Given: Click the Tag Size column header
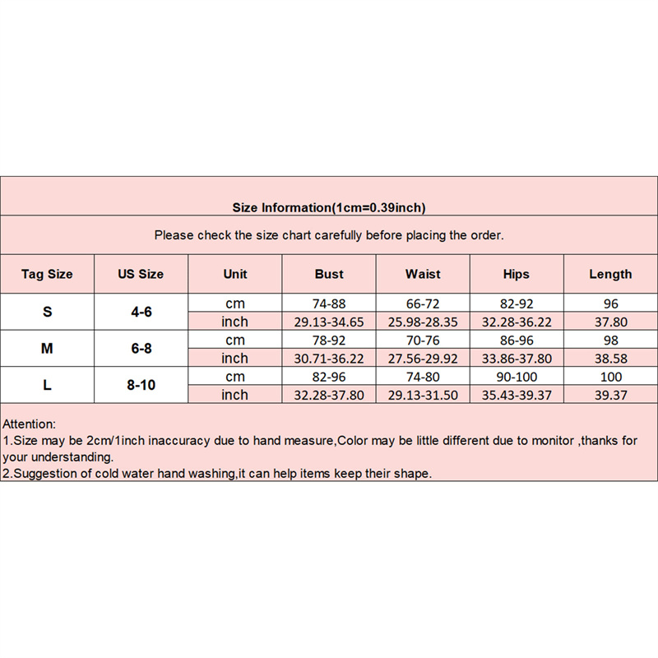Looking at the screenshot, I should (x=47, y=274).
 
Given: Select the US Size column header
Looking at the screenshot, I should (x=141, y=274).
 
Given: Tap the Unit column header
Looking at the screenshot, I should (x=234, y=274).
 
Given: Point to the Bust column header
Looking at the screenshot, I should (x=329, y=274).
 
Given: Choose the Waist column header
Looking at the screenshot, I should (x=423, y=274).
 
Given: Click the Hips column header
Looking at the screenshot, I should (x=516, y=274).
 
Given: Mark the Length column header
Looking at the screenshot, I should (x=610, y=274).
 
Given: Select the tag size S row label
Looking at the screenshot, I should (x=47, y=312).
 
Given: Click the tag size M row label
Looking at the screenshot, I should (x=47, y=349).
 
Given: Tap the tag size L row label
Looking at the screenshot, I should (x=47, y=385).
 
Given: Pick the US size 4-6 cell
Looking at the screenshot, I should (x=141, y=312).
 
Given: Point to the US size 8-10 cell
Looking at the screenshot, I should (x=141, y=385).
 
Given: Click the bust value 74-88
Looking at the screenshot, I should (x=329, y=304).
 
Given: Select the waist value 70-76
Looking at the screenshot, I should (x=423, y=340).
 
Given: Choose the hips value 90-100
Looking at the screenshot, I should (x=516, y=377).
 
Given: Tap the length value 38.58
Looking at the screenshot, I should (x=610, y=359).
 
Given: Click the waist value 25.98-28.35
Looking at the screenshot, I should (x=423, y=322).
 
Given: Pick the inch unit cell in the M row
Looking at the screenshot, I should (x=234, y=359).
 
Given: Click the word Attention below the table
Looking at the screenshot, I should (x=30, y=424).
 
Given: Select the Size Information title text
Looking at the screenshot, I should (x=328, y=207).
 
